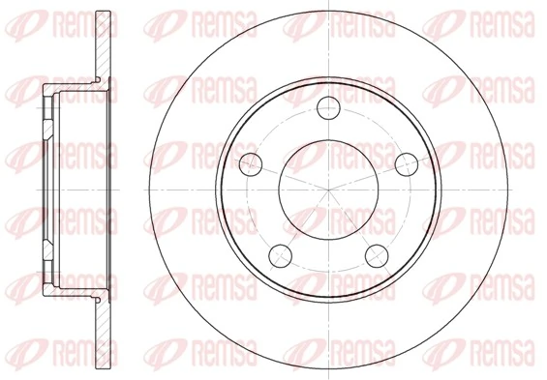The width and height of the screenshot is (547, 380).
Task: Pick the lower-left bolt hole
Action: click(x=281, y=253)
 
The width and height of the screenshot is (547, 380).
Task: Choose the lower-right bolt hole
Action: click(x=377, y=253)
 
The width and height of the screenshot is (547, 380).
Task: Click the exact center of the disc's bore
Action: click(x=329, y=188)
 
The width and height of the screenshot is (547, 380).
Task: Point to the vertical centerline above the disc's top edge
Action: click(x=329, y=7)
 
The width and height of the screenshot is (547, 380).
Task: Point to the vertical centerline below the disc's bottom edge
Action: click(x=329, y=373)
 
